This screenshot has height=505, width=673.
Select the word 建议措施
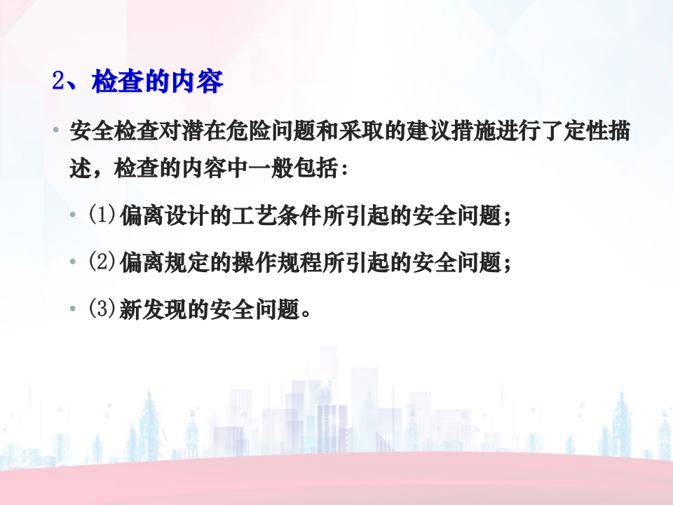pyautogui.click(x=463, y=132)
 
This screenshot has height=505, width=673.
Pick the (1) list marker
pyautogui.click(x=101, y=215)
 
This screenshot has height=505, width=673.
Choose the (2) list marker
pyautogui.click(x=101, y=262)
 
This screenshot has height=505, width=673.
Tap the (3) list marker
pyautogui.click(x=101, y=309)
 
